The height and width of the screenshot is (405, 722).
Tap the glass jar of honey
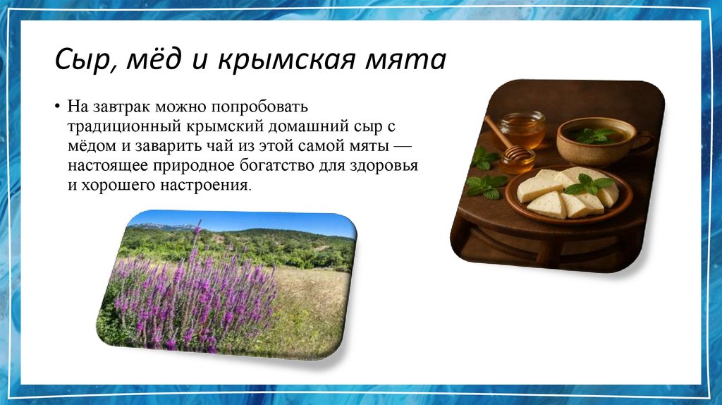click(522, 128)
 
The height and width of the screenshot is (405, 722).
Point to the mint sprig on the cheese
click(588, 184)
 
